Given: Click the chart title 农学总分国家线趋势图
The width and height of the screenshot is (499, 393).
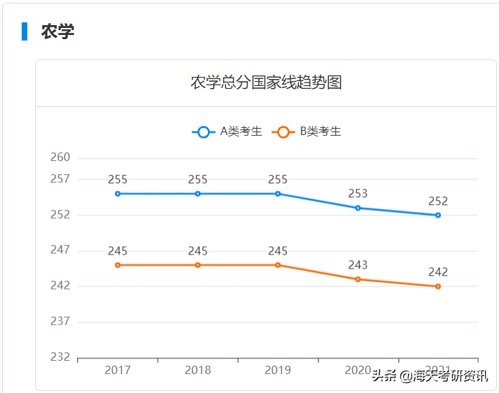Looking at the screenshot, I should click(x=266, y=83).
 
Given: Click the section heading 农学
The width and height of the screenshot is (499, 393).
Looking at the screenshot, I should click(x=57, y=31).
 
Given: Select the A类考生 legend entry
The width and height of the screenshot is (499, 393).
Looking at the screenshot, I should click(x=227, y=131).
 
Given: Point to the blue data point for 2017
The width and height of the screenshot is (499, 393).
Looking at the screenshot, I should click(x=118, y=194).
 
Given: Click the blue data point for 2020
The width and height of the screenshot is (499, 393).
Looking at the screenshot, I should click(x=358, y=208).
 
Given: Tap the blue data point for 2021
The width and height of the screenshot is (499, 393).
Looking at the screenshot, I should click(x=438, y=215).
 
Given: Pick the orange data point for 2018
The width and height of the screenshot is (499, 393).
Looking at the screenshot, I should click(x=198, y=265).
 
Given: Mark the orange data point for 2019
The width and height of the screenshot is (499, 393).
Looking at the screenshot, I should click(x=278, y=265).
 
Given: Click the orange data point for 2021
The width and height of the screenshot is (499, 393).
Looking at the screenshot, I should click(x=438, y=287).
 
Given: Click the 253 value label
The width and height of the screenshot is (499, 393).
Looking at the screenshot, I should click(x=358, y=194).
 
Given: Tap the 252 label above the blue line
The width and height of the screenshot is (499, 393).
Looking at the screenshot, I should click(x=438, y=201).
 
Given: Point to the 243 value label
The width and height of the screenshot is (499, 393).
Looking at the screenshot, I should click(x=358, y=265).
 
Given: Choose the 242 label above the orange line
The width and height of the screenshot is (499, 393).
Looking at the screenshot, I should click(x=438, y=272).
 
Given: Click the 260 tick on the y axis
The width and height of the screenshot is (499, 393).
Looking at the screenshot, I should click(x=60, y=157).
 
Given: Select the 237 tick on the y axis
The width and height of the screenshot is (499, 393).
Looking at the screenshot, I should click(x=60, y=322).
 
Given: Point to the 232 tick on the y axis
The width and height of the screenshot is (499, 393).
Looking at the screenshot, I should click(x=60, y=357).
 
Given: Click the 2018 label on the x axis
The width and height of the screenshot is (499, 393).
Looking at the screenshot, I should click(x=198, y=371).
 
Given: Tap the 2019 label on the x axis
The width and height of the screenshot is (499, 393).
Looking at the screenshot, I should click(x=278, y=371).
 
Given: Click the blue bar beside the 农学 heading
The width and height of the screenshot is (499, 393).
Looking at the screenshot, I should click(x=24, y=31).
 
